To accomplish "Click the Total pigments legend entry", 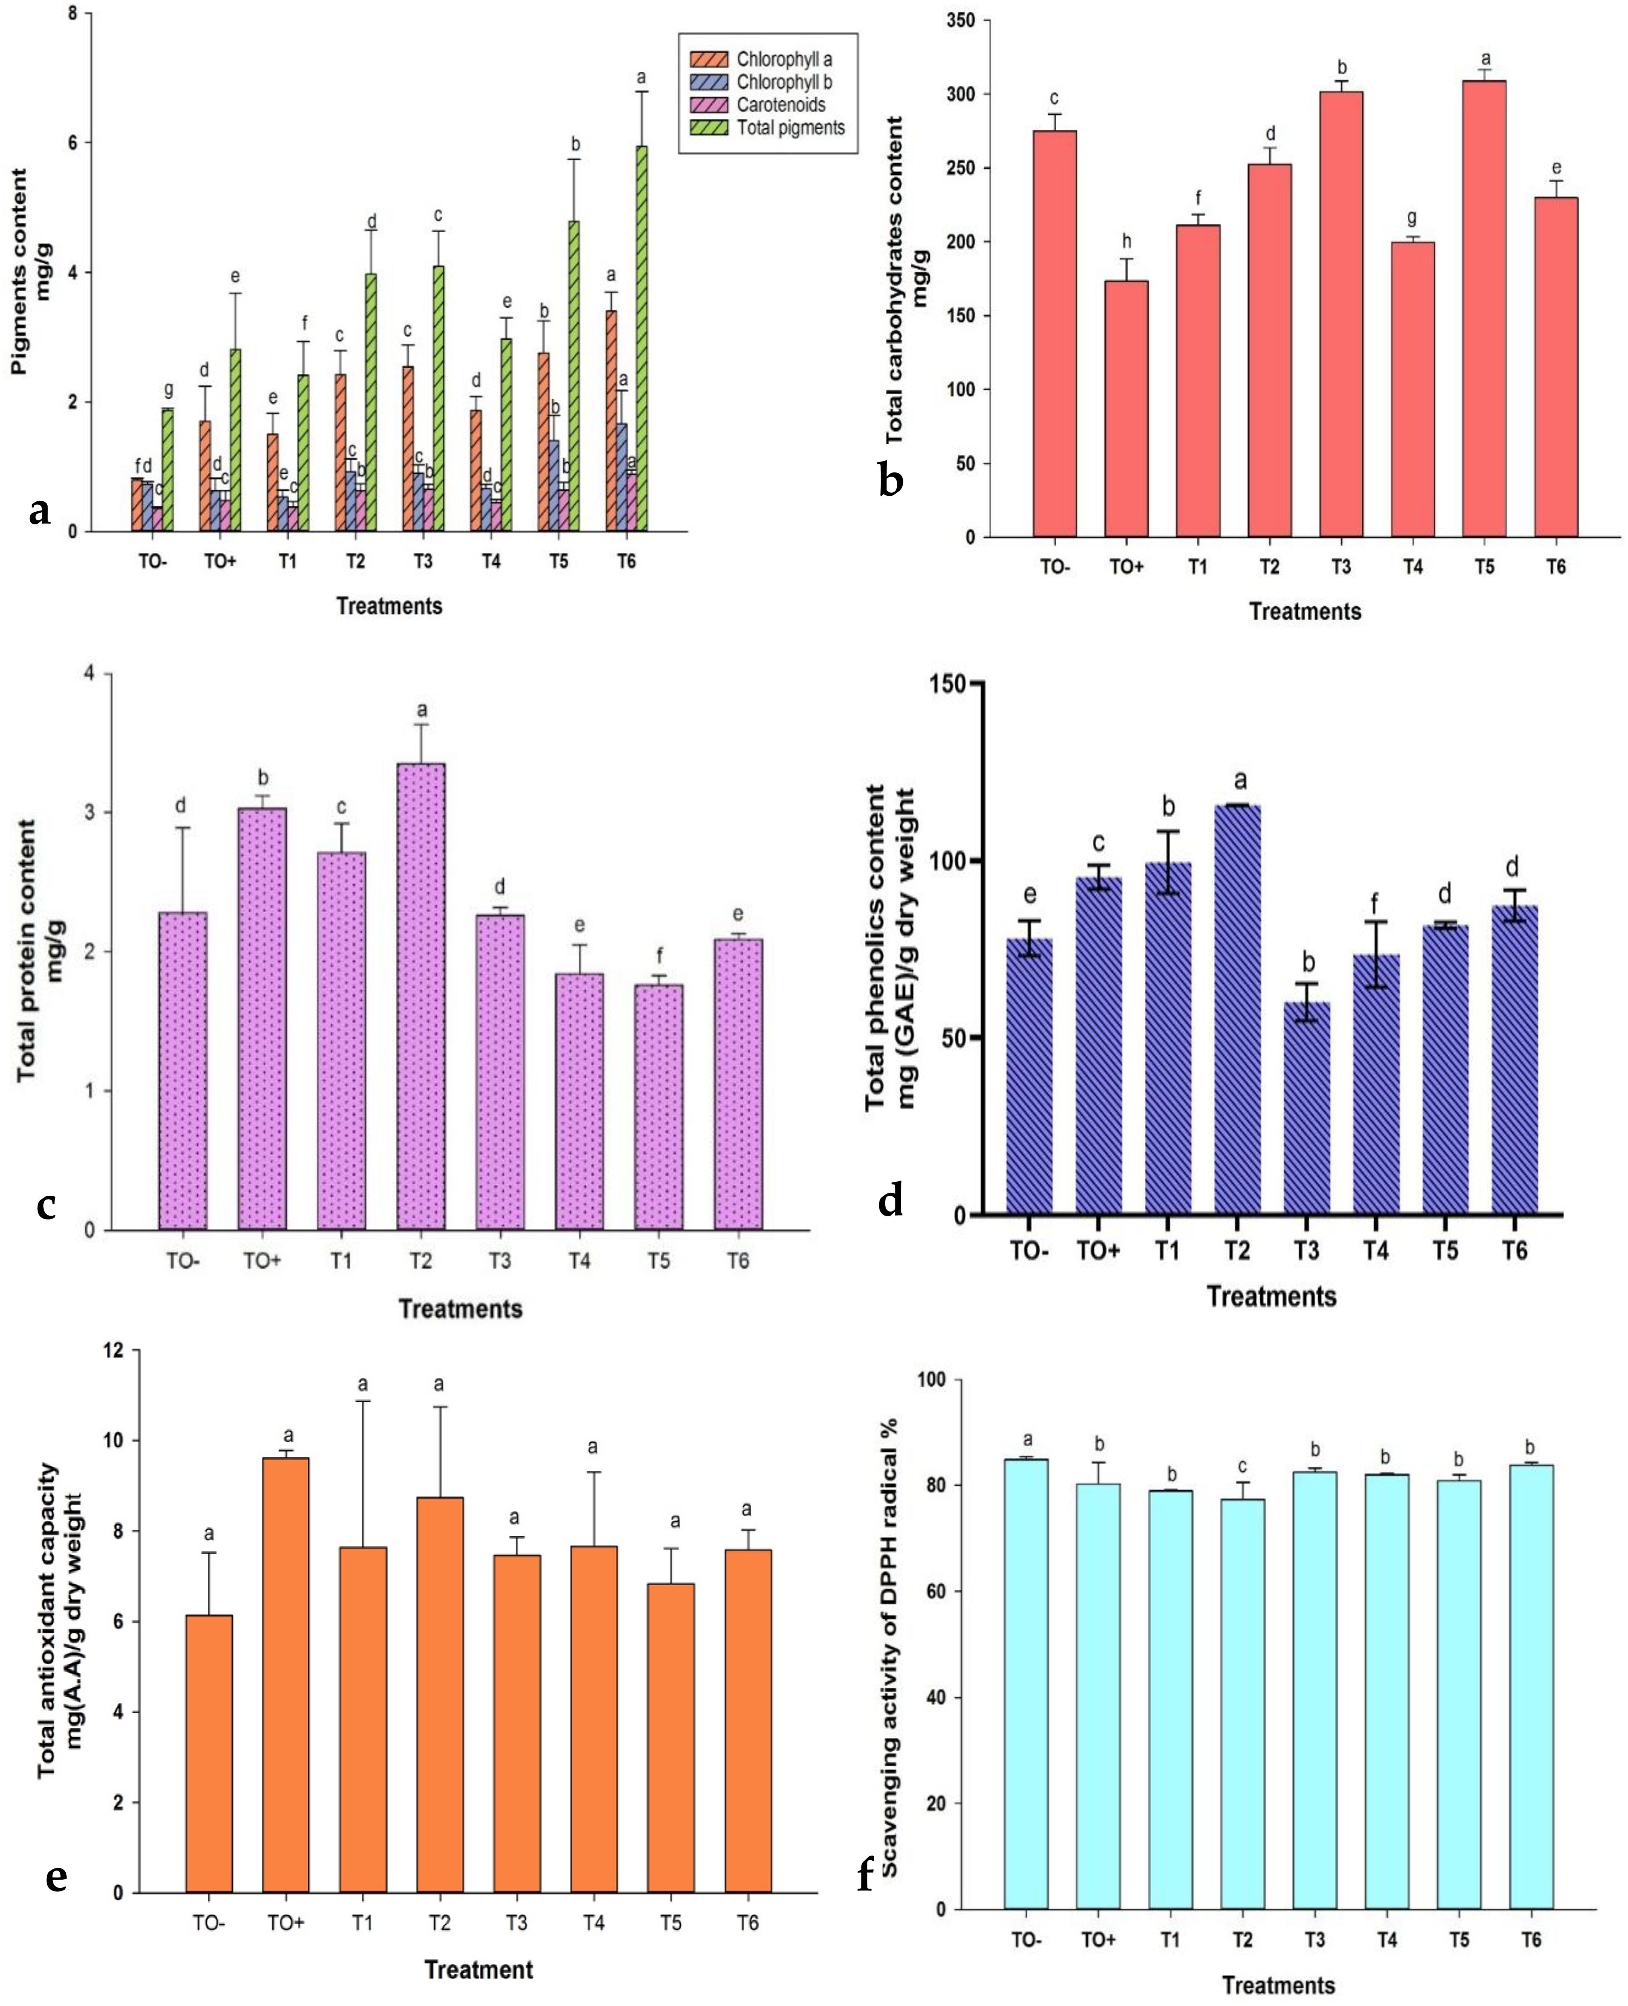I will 790,128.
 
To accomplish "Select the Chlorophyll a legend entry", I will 783,59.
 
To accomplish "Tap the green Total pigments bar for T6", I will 642,337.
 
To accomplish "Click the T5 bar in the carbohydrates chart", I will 1484,309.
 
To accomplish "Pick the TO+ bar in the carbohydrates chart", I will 1126,408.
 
